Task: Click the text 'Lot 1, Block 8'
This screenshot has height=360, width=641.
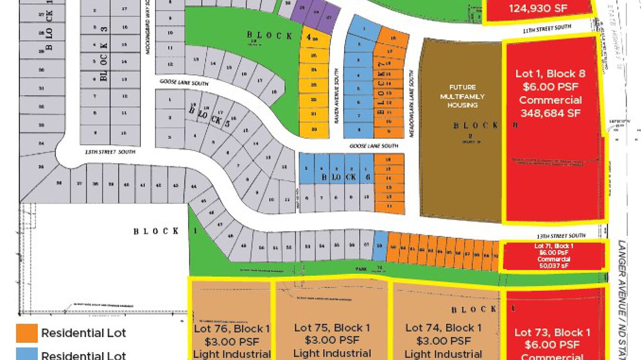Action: (x=550, y=74)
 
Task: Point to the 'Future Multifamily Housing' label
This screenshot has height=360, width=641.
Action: (x=462, y=96)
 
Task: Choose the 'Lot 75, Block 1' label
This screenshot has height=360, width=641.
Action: (x=332, y=328)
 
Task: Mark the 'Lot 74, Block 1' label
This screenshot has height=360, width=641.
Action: (x=443, y=328)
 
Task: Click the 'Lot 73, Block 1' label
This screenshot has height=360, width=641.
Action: (x=552, y=332)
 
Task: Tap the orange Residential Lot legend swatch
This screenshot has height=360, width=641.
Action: (x=27, y=333)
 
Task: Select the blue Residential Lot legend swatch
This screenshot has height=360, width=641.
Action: (x=27, y=355)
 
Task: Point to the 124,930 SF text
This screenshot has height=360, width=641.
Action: (x=538, y=8)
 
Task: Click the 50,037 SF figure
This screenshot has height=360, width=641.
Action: (x=554, y=266)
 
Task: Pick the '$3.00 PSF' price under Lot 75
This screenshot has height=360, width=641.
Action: (x=332, y=340)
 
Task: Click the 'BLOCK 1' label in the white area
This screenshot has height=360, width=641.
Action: (x=156, y=231)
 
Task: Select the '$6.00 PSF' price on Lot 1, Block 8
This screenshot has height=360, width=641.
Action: (x=550, y=87)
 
